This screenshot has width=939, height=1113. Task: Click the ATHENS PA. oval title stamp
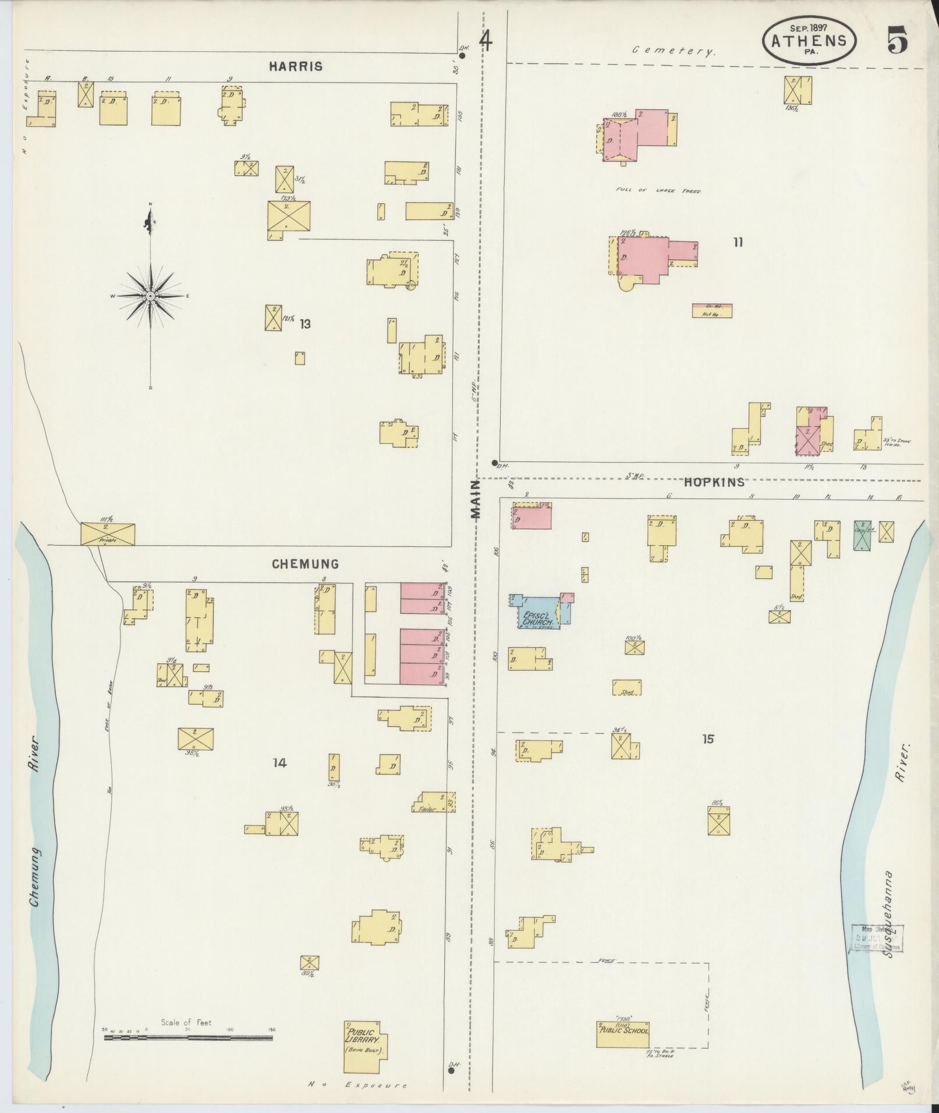point(809,41)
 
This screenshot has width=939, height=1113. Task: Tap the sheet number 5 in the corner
point(897,41)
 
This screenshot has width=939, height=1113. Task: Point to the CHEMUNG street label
point(304,564)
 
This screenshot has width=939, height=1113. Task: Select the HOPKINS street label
point(714,482)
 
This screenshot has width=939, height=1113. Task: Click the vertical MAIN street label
point(476,499)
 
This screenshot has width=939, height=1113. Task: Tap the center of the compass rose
point(151,296)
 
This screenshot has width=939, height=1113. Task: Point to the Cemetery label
point(674,51)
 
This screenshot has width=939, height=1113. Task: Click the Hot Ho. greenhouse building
point(711,311)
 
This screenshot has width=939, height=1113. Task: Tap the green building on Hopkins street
point(862,535)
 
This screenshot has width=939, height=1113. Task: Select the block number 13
point(305,324)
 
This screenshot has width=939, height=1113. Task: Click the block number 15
point(707,739)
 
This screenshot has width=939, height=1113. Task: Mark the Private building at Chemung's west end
point(107,534)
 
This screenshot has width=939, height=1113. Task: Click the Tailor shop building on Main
point(434,802)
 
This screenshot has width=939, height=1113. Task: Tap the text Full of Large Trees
point(658,191)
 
